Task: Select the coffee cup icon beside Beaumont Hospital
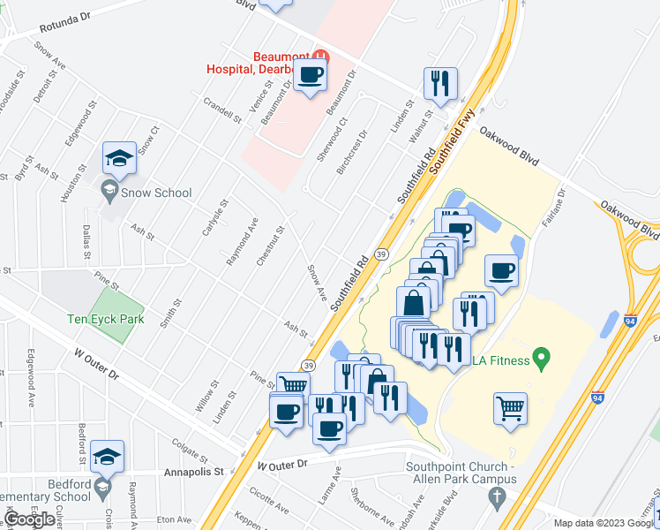(311, 76)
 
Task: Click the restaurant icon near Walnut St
(439, 83)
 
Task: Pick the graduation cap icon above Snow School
(119, 157)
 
